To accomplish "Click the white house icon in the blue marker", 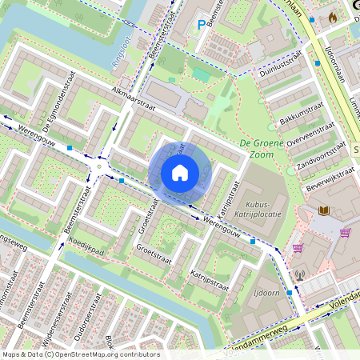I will [x=180, y=172].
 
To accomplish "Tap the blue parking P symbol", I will [x=201, y=26].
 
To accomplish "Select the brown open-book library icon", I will [x=323, y=210].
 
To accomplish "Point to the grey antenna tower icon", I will [x=300, y=276].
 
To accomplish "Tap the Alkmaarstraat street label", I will [x=137, y=98].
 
